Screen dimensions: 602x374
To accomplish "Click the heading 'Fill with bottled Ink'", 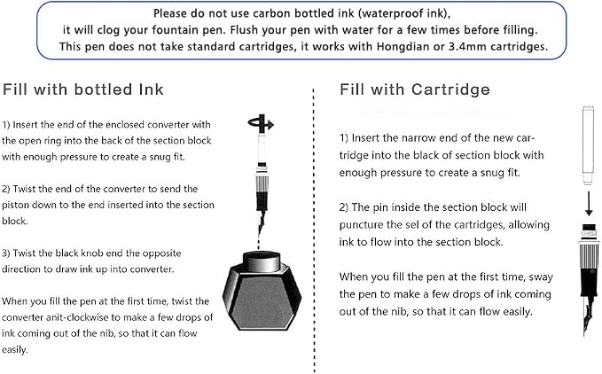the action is click(83, 90).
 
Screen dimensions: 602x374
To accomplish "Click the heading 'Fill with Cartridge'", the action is click(415, 90).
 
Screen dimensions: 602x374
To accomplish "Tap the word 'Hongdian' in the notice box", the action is click(403, 46).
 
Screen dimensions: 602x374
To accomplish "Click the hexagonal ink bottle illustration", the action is click(262, 291).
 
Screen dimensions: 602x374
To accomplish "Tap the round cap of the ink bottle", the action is click(262, 261).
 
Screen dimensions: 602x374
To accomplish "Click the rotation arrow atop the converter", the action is click(261, 123).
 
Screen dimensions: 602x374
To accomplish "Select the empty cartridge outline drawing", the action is click(589, 145).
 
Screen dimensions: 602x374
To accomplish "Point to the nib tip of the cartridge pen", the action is click(585, 334).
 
